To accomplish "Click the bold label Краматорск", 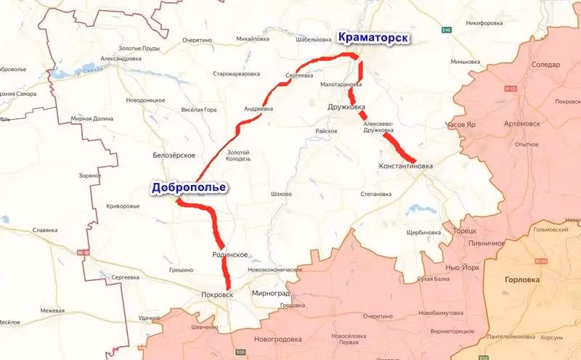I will [x=371, y=38].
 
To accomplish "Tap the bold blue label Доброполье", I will [x=189, y=187].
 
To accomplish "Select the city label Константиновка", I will [x=405, y=165].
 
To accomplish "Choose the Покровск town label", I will [x=218, y=295].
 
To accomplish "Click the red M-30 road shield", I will [x=84, y=253].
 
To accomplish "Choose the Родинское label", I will [x=231, y=254].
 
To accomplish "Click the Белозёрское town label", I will [x=174, y=155].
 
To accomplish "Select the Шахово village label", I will [x=280, y=195].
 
